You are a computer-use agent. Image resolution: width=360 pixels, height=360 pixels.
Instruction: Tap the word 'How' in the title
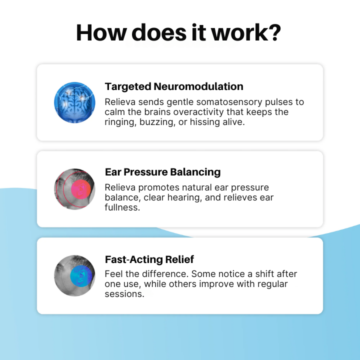[101, 32]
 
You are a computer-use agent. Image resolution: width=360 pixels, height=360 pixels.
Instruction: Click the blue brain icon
[74, 102]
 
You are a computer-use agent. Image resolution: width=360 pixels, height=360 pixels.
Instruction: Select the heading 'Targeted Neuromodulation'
[174, 86]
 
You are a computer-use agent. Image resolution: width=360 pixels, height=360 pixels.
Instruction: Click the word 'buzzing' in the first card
[157, 122]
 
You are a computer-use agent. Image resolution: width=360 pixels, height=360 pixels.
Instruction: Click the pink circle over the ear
[81, 189]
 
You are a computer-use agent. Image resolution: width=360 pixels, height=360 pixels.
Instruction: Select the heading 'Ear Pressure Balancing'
[163, 172]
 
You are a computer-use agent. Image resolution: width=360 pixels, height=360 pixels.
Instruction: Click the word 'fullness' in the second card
[121, 207]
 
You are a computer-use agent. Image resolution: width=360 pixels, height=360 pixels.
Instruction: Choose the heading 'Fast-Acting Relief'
[149, 259]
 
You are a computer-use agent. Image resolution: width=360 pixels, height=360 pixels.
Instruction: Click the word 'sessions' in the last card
[123, 294]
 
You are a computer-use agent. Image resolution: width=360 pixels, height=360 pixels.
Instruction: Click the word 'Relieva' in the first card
[120, 102]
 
